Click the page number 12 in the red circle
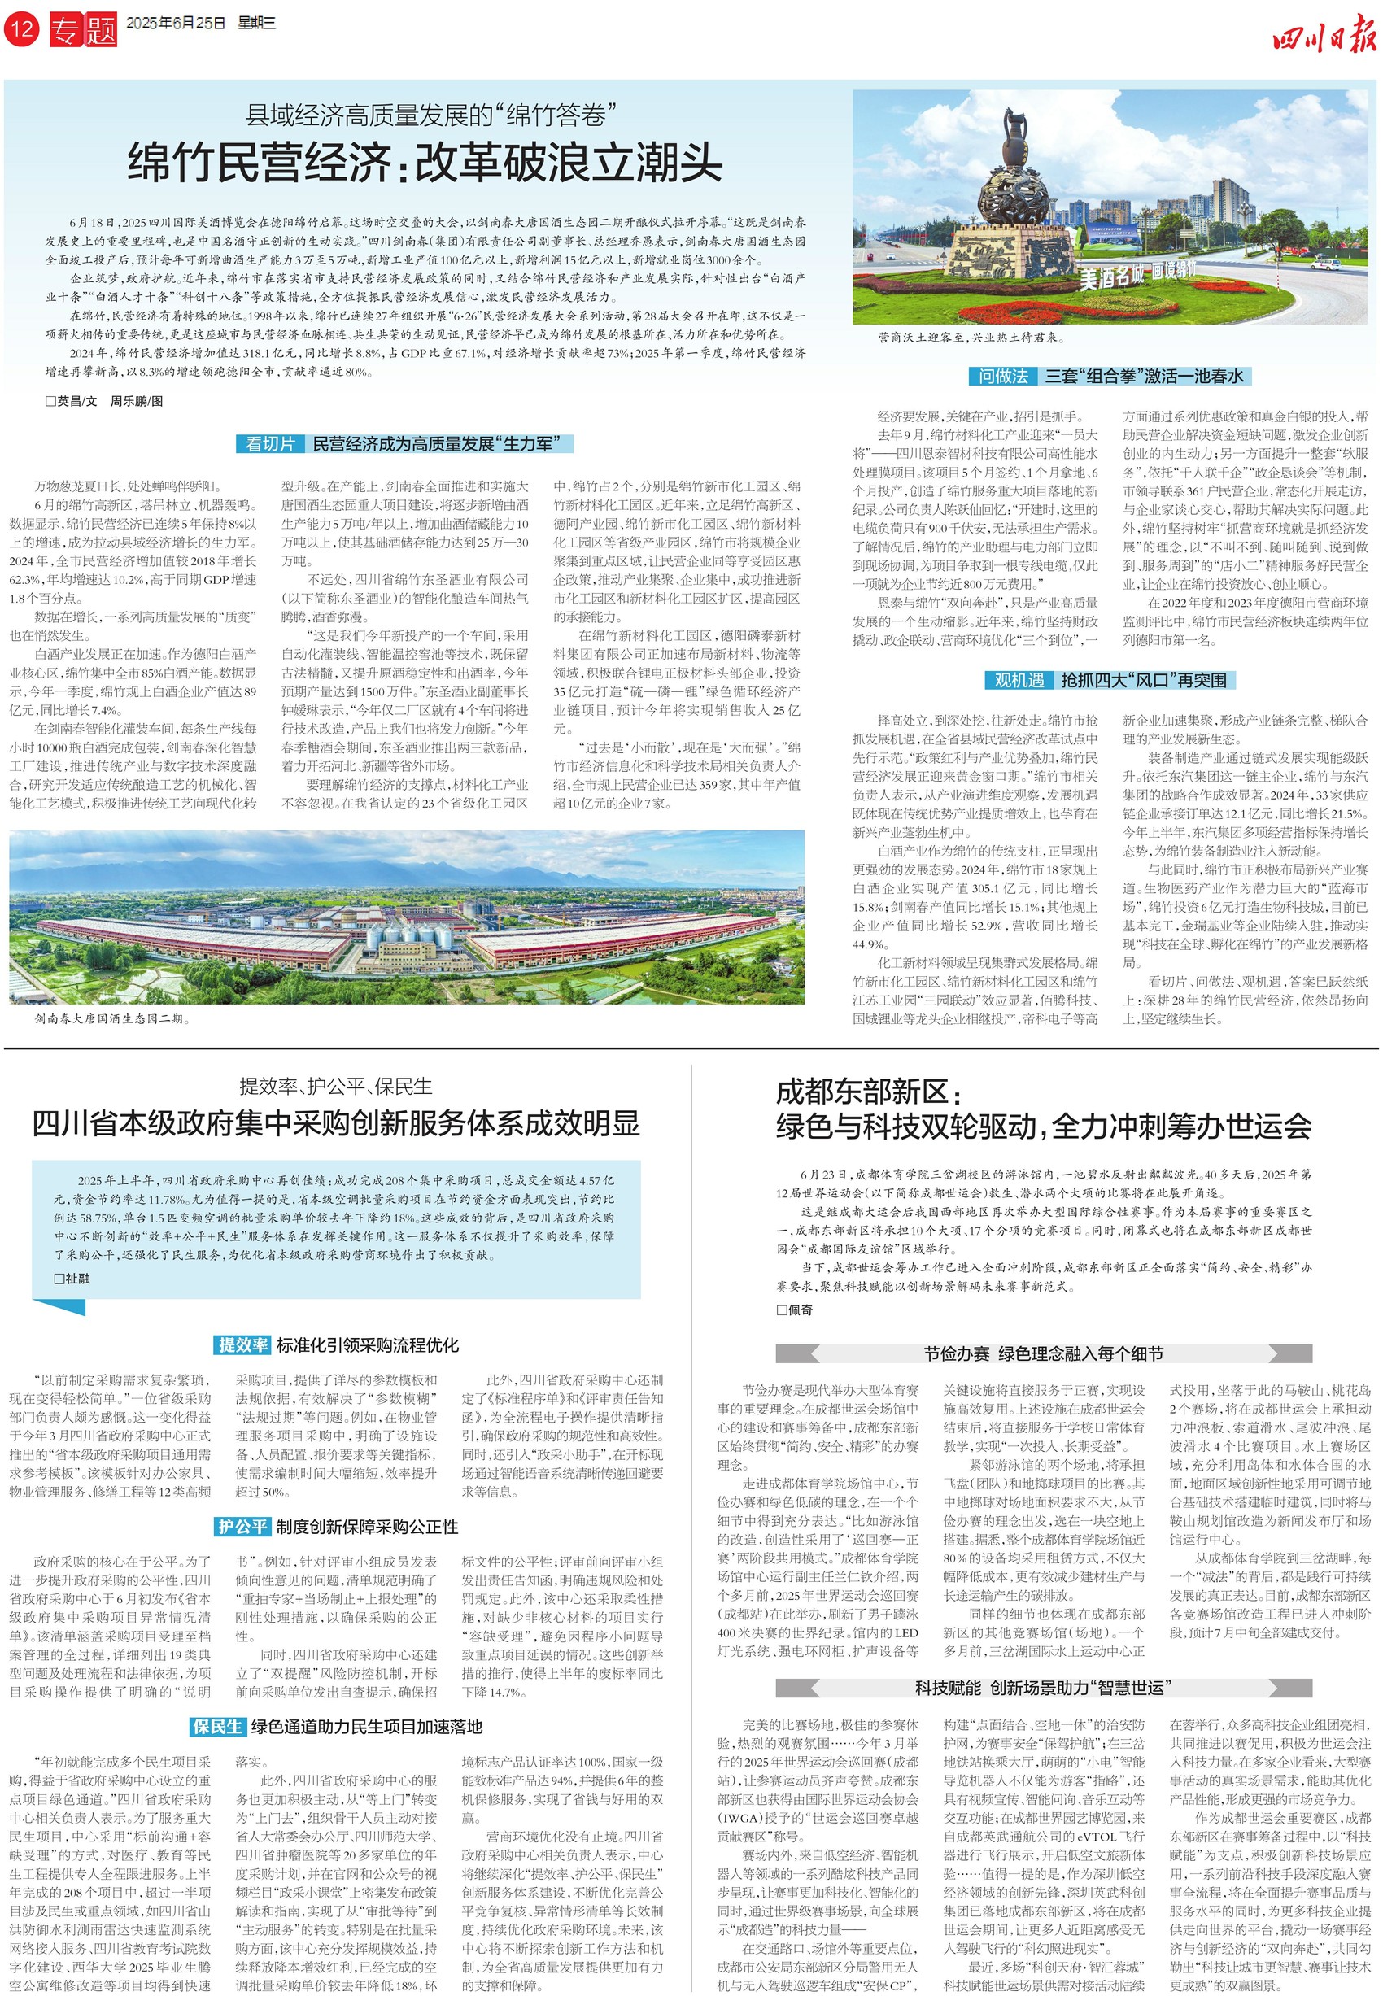pos(21,29)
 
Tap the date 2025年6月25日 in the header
pos(175,24)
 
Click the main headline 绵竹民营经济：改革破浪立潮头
pos(425,162)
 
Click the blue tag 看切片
pos(269,444)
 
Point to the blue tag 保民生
pos(217,1727)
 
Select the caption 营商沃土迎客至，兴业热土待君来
pos(971,338)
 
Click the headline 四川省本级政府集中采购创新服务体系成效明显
pos(335,1123)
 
